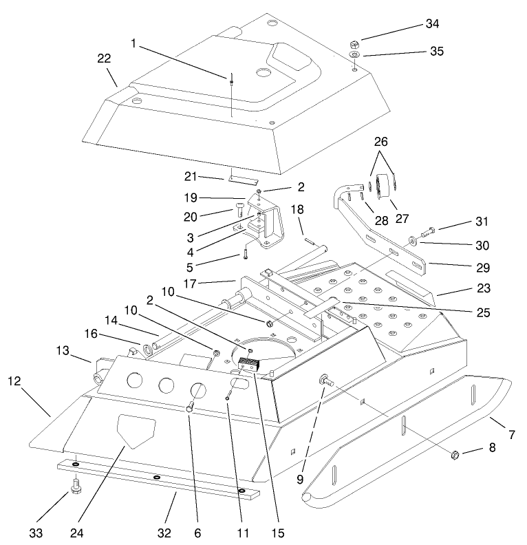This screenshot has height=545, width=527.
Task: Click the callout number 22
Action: (104, 59)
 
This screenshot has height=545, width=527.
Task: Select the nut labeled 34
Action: (354, 41)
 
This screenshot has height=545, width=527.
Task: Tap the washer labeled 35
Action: (354, 54)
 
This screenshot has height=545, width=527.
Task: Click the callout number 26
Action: (380, 142)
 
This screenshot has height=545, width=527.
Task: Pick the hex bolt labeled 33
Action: (74, 491)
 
